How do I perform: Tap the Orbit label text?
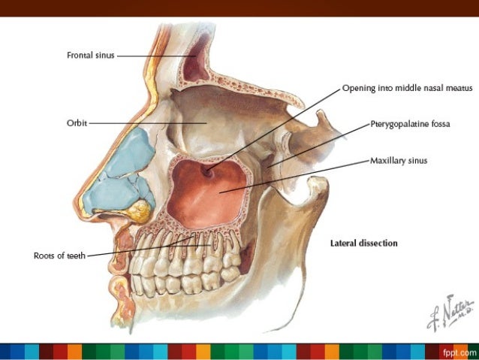(x=77, y=123)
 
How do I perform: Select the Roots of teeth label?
(x=60, y=256)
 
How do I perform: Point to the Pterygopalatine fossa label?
(x=409, y=124)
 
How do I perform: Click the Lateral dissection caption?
(x=363, y=244)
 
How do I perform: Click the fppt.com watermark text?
(x=459, y=352)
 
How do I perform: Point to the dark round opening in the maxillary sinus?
(x=206, y=172)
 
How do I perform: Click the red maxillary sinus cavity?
(x=210, y=195)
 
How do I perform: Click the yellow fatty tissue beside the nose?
(x=140, y=211)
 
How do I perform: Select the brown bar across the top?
(x=239, y=8)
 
